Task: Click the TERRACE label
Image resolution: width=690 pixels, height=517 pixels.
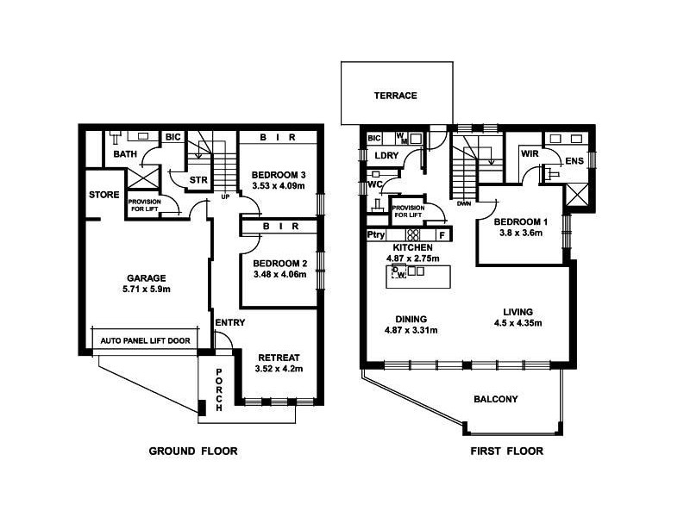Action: click(395, 96)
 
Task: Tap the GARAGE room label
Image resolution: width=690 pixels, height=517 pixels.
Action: click(147, 277)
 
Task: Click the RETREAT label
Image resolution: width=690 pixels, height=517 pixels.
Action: click(279, 357)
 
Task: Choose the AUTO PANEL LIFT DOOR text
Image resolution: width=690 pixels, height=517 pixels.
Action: click(145, 341)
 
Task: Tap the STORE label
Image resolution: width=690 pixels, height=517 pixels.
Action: click(103, 195)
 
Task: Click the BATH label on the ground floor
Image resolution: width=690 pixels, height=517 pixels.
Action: click(125, 155)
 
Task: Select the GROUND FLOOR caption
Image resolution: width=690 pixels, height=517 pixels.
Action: click(193, 451)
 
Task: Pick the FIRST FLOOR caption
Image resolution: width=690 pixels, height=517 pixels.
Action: click(506, 451)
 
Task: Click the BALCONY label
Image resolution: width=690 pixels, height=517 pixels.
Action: click(495, 399)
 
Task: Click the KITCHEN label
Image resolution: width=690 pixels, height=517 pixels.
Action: click(411, 248)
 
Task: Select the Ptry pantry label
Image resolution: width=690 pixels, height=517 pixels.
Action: click(376, 234)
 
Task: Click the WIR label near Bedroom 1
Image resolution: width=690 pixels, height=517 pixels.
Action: click(530, 154)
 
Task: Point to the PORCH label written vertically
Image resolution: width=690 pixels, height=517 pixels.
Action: click(220, 388)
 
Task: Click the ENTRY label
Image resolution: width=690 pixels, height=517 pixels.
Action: click(230, 323)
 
